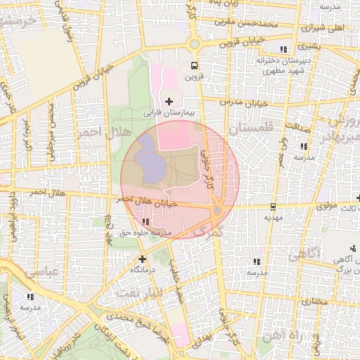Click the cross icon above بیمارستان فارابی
tap(168, 102)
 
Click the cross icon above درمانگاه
tap(143, 259)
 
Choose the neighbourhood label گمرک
tap(207, 231)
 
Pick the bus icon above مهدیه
tap(271, 207)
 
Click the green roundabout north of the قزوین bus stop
tap(194, 44)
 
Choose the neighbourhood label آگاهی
tap(304, 252)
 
